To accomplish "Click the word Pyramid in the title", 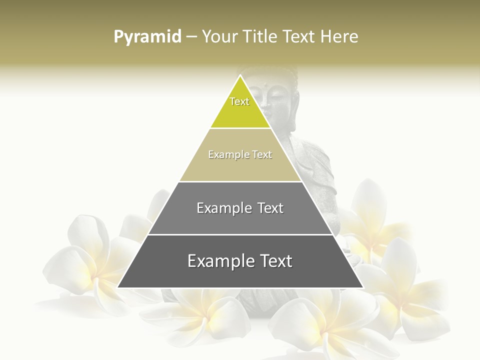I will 147,37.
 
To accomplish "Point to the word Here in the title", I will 339,36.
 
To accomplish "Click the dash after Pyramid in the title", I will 191,37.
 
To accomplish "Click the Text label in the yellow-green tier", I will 239,101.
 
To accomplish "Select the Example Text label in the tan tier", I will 240,154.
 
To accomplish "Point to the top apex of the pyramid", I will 240,75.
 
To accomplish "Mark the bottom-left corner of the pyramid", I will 118,287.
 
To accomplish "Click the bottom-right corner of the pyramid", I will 362,287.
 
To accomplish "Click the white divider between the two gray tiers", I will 240,234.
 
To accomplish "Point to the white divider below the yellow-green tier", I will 240,128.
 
